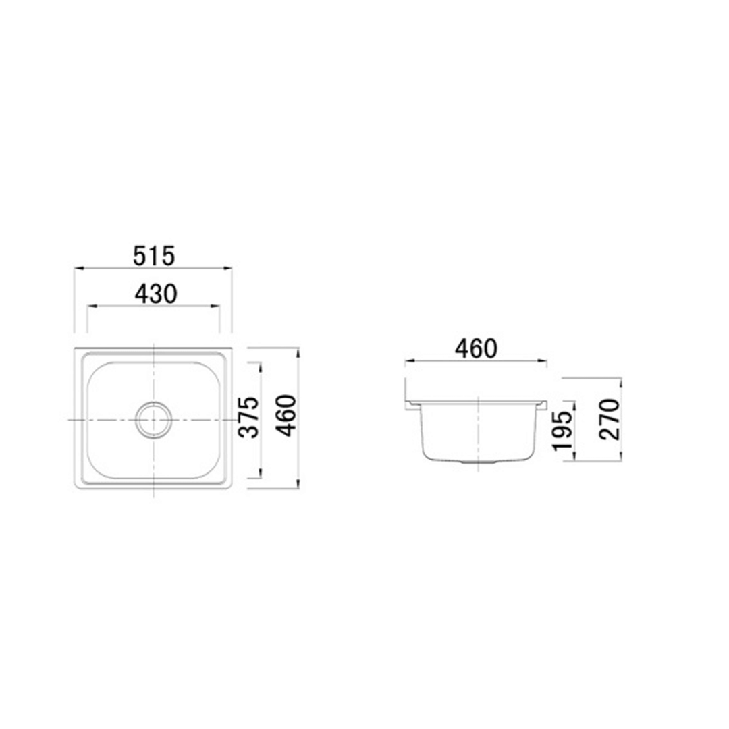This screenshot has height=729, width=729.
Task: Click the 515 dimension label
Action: point(154,256)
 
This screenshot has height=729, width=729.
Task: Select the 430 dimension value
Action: point(155,294)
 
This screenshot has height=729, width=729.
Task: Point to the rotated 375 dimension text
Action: point(249,418)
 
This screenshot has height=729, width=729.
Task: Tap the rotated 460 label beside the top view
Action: point(287,415)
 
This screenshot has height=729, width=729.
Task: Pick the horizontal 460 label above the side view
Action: point(476,348)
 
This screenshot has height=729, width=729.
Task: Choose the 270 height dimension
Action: point(610,419)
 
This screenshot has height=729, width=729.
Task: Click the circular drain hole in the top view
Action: point(154,419)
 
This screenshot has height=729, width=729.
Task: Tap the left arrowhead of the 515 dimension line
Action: point(77,268)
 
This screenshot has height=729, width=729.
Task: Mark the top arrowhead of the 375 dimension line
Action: point(260,365)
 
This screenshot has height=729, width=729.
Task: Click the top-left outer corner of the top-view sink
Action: point(74,348)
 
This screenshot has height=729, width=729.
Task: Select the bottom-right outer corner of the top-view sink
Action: point(232,489)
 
